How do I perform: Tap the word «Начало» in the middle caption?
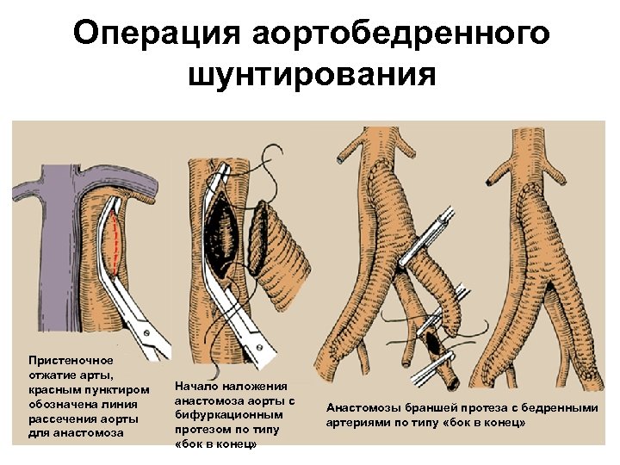[x=195, y=387]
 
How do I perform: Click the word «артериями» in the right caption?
[x=357, y=422]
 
